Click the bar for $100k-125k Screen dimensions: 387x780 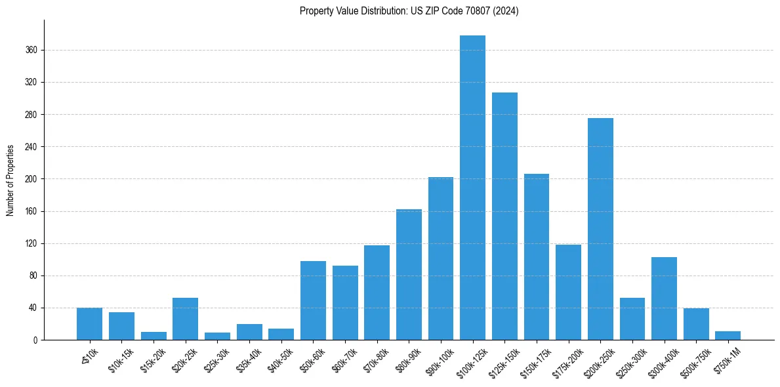click(x=472, y=188)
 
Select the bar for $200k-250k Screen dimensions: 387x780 click(x=600, y=229)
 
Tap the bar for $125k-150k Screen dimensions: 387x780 click(x=504, y=216)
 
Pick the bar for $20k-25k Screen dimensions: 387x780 click(x=185, y=319)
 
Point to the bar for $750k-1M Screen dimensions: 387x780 click(x=728, y=335)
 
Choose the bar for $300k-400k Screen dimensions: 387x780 click(x=664, y=298)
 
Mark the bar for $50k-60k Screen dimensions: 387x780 click(x=313, y=300)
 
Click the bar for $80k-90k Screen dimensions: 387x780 click(x=409, y=274)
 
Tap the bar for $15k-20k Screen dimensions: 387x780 click(x=154, y=336)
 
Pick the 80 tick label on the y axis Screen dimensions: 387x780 click(x=33, y=275)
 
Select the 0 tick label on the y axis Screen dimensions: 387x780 click(x=35, y=340)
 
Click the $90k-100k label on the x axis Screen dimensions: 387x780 click(x=439, y=360)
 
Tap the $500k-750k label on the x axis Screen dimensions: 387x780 click(x=694, y=361)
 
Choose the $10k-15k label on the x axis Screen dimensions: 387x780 click(x=120, y=360)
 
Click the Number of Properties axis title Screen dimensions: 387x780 click(x=10, y=180)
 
